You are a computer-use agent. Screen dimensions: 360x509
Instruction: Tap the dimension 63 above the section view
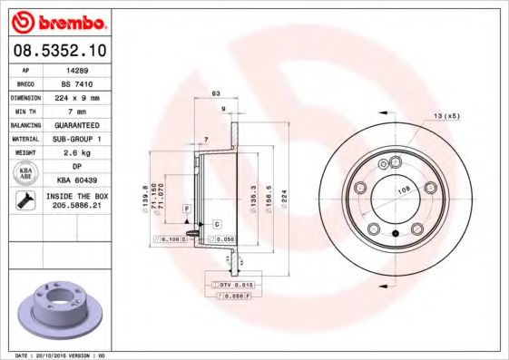click(x=216, y=93)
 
